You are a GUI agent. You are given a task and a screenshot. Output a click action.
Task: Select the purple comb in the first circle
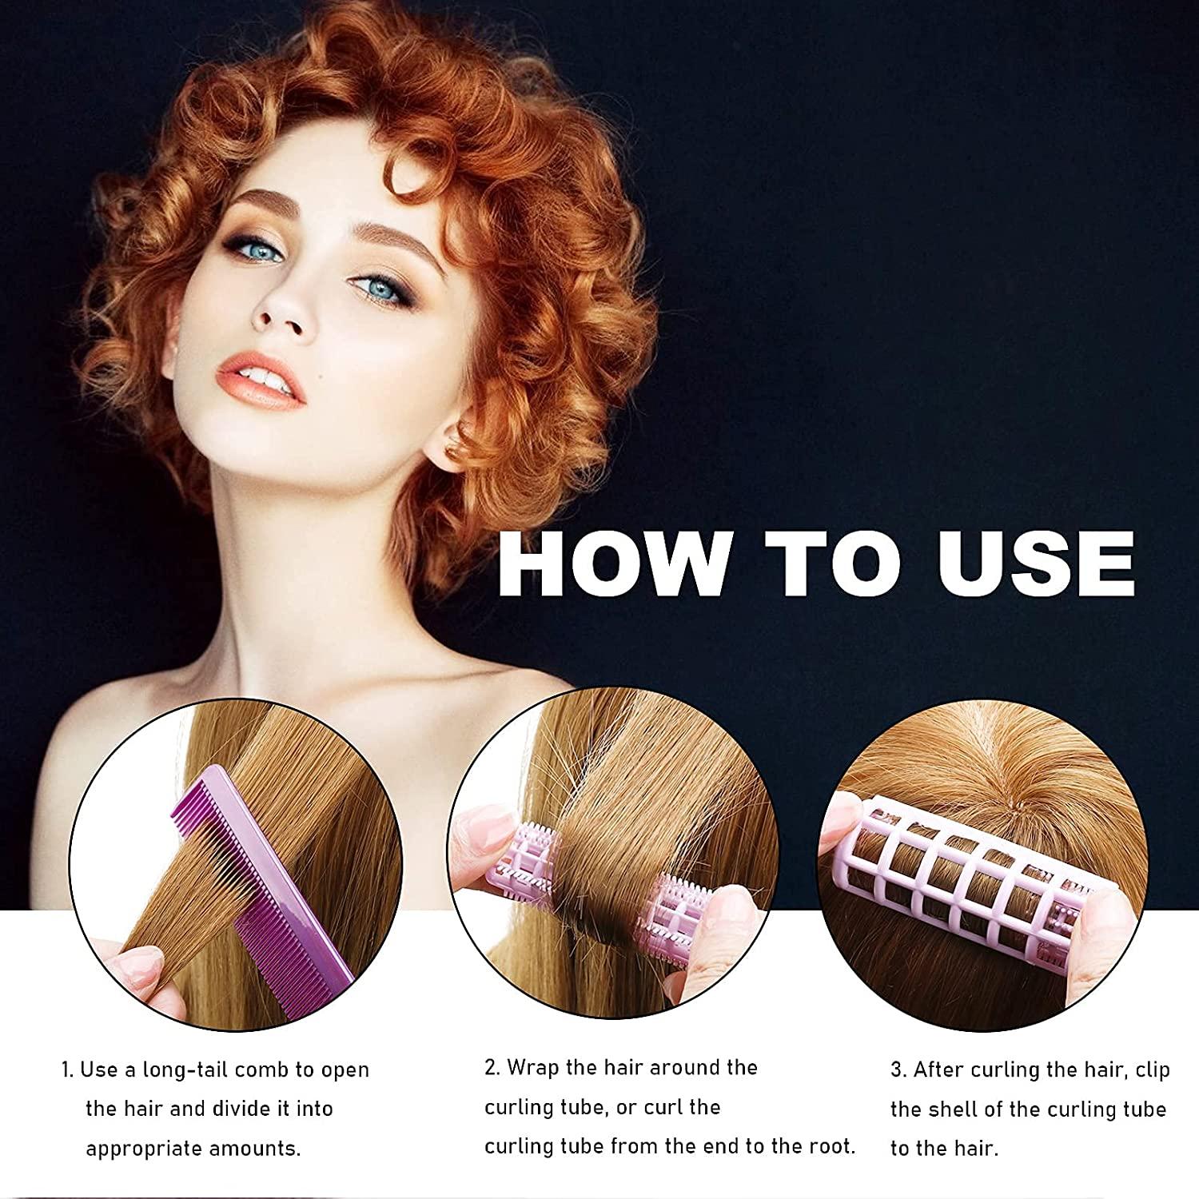point(240,863)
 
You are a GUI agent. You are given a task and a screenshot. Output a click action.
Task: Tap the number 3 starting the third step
point(897,1070)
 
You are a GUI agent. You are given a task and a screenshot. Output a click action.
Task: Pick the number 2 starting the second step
point(491,1068)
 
